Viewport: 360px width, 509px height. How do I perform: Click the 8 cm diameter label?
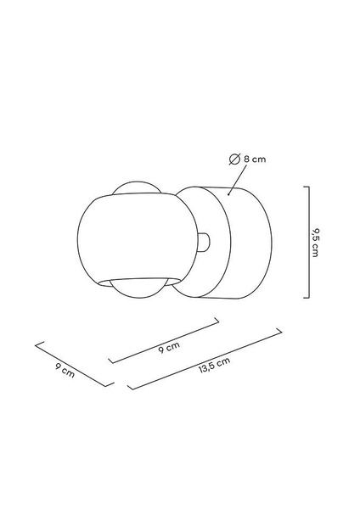point(255,159)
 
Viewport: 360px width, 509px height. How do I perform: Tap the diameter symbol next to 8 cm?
point(234,159)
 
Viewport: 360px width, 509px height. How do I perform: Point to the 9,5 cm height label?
point(315,243)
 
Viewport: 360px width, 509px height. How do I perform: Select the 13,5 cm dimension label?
point(215,365)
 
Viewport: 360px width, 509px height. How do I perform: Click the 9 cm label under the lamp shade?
point(169,348)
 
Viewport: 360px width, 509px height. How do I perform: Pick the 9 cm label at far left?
point(65,371)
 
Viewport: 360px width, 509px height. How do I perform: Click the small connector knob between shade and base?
point(205,243)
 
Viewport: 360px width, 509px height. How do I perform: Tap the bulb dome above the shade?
point(137,187)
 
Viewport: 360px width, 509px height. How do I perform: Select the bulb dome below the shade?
point(138,288)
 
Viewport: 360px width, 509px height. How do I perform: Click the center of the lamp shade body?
point(138,239)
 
